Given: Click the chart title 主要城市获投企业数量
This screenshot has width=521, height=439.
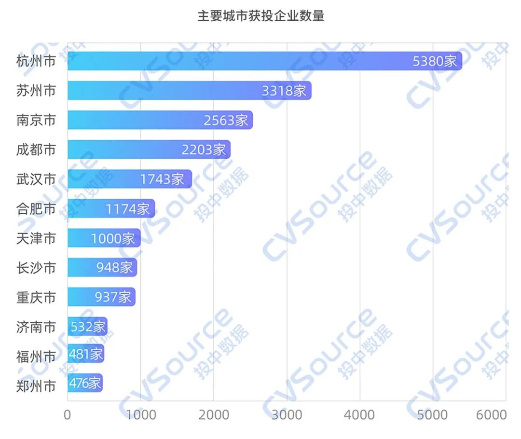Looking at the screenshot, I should tap(260, 16).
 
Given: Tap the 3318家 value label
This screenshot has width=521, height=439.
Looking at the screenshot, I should tap(284, 91).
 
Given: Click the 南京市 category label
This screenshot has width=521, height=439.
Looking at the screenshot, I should tap(36, 120).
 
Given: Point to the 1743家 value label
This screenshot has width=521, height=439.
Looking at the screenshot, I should tap(162, 179).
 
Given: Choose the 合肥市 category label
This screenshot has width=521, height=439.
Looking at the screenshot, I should tap(36, 209).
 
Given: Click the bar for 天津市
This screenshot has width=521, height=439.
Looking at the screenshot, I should tap(104, 238).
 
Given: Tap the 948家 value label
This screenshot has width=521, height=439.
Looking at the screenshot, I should tap(114, 267).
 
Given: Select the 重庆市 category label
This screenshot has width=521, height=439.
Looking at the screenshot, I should tap(36, 297).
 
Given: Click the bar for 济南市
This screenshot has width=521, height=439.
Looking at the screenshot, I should tap(87, 327).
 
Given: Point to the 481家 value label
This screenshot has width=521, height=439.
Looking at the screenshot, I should tap(86, 355).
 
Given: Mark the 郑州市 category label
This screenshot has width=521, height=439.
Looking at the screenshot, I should tap(36, 386).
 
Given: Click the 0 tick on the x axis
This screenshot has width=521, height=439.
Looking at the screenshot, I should tap(68, 415).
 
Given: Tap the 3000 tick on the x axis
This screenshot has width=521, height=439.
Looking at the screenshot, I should tap(287, 415).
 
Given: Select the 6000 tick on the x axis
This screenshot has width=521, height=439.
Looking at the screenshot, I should tap(491, 415).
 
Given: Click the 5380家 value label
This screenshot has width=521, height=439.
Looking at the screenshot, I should tap(435, 61).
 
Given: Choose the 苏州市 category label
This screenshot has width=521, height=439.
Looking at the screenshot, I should tap(36, 91).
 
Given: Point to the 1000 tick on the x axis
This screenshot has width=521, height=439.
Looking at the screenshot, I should tap(140, 415).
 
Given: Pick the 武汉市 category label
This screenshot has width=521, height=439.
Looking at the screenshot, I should tap(36, 179).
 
